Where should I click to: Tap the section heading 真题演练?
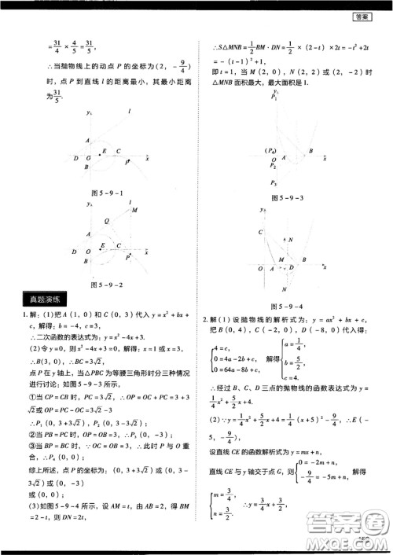46,299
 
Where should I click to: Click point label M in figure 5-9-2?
134,210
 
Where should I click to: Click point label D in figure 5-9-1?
75,158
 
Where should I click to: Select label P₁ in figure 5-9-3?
274,97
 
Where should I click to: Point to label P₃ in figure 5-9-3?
274,182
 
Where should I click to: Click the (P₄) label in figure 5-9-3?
270,149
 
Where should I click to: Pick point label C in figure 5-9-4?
260,233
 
